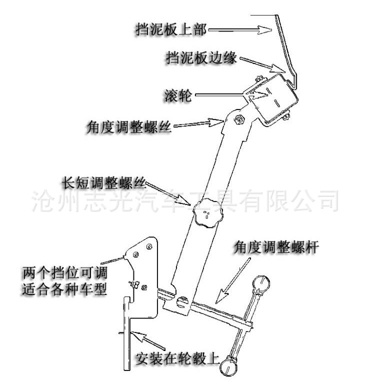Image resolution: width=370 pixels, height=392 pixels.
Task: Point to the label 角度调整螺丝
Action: [128, 128]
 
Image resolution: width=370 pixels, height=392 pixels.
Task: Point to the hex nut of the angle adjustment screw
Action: [239, 118]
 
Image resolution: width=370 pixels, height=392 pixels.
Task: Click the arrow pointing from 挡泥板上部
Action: [240, 30]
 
